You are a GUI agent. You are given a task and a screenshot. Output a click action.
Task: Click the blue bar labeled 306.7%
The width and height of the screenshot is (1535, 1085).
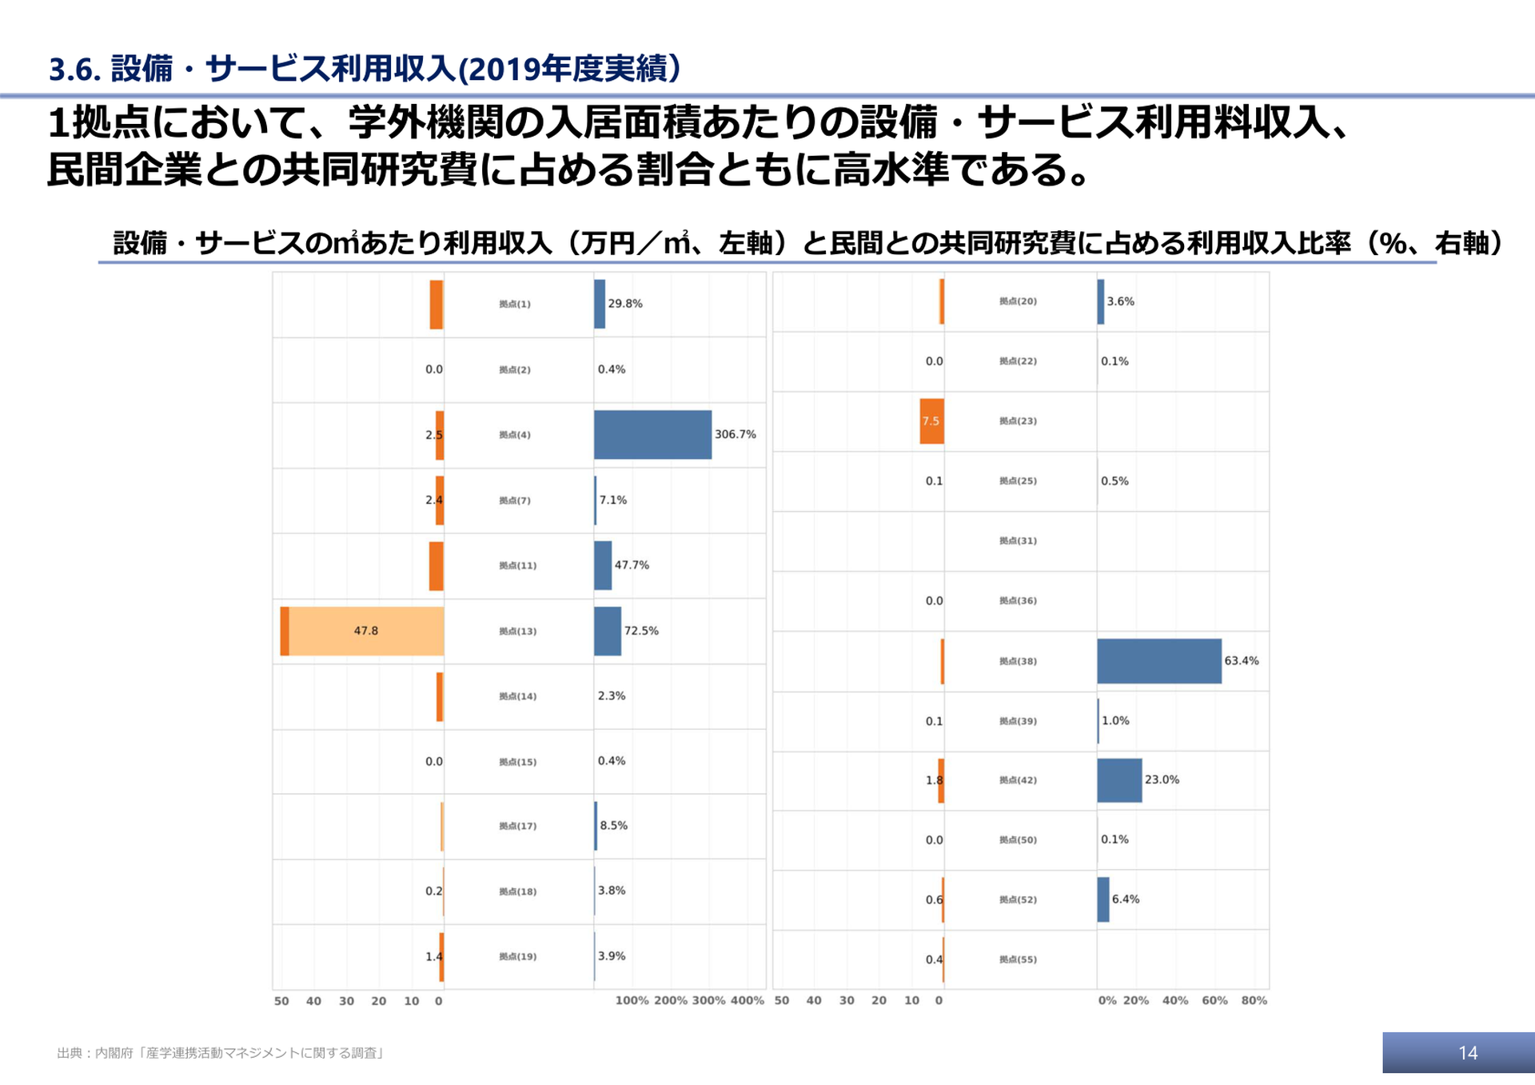pyautogui.click(x=652, y=435)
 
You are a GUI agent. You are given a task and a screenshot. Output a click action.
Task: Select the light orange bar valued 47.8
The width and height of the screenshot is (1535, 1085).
pyautogui.click(x=366, y=632)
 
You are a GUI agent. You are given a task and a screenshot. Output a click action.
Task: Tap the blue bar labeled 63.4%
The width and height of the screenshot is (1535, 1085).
pyautogui.click(x=1158, y=661)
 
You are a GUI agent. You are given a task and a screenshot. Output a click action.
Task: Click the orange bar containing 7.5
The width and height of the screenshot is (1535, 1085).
pyautogui.click(x=931, y=421)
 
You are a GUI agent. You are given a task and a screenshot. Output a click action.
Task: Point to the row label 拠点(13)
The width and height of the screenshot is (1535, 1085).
pyautogui.click(x=517, y=632)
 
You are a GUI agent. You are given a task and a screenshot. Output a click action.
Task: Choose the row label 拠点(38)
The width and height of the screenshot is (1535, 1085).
pyautogui.click(x=1018, y=661)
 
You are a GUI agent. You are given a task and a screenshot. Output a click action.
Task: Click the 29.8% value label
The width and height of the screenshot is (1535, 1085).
pyautogui.click(x=624, y=304)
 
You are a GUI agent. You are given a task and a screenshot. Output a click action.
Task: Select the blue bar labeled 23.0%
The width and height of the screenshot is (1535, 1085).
pyautogui.click(x=1118, y=780)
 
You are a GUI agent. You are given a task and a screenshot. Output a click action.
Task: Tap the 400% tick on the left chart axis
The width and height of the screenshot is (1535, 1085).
pyautogui.click(x=747, y=1000)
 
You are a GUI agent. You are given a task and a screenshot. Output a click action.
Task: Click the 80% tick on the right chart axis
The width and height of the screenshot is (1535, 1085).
pyautogui.click(x=1254, y=1000)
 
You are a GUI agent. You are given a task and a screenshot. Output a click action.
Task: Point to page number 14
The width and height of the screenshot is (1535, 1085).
pyautogui.click(x=1467, y=1053)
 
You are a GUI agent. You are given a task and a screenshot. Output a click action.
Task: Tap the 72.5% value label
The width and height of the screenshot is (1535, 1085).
pyautogui.click(x=641, y=631)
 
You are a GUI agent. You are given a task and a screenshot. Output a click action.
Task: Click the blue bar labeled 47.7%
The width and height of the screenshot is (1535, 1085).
pyautogui.click(x=603, y=566)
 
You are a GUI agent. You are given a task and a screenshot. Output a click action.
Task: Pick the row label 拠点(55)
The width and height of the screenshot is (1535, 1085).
pyautogui.click(x=1018, y=959)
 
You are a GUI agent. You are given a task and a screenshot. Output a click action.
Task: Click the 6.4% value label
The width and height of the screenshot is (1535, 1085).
pyautogui.click(x=1125, y=900)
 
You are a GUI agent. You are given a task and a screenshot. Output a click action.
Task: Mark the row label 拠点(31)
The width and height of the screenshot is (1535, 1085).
pyautogui.click(x=1018, y=541)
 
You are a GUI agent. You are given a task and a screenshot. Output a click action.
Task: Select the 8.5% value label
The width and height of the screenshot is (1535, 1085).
pyautogui.click(x=613, y=826)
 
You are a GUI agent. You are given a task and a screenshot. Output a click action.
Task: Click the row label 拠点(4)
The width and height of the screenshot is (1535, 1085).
pyautogui.click(x=514, y=435)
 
